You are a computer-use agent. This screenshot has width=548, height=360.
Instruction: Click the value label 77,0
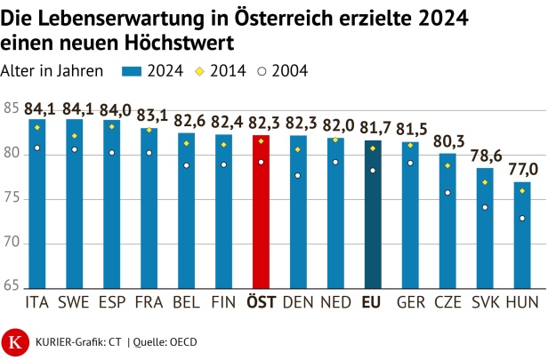coord(522,169)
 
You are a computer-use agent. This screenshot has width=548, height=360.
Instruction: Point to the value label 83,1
coord(149,115)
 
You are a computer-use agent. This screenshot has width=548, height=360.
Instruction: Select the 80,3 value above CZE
coord(447,140)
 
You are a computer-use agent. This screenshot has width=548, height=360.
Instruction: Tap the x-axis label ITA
coord(37,302)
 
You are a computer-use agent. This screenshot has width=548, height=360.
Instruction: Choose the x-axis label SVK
coord(485,302)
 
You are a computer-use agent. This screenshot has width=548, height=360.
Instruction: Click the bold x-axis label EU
coord(373,302)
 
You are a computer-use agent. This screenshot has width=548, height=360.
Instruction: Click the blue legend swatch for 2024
coord(133,72)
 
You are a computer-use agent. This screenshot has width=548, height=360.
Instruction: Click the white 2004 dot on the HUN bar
coord(522,219)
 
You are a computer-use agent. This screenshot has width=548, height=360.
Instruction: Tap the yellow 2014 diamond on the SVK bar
coord(485,182)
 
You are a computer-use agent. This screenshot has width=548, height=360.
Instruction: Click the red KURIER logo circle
coord(15,340)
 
